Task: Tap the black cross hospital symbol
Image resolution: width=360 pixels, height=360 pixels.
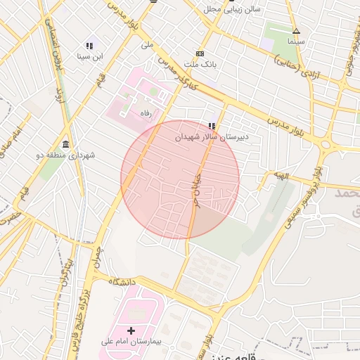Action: tap(131, 330)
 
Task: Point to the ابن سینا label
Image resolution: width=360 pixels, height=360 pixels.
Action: tap(89, 56)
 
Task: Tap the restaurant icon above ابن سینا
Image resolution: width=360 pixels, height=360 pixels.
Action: tap(89, 45)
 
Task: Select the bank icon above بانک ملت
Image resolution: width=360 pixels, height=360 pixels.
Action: tap(200, 54)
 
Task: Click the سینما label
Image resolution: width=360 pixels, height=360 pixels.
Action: tap(296, 41)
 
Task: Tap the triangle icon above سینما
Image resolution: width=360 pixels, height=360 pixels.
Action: tap(296, 31)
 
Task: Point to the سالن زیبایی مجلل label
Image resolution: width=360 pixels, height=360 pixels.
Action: tap(232, 9)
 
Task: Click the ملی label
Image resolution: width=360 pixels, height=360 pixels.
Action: tap(146, 44)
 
